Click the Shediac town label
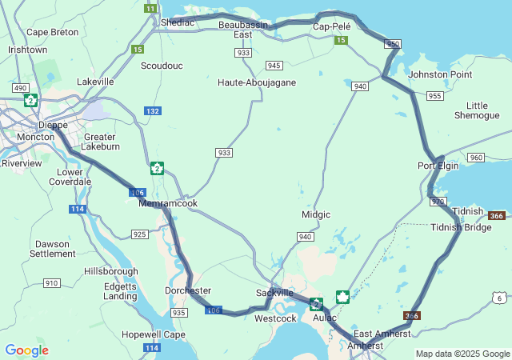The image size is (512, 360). [177, 22]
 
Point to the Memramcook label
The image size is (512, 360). [168, 203]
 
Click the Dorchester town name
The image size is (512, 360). [188, 290]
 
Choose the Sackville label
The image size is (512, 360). [274, 293]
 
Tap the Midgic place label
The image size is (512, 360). [316, 214]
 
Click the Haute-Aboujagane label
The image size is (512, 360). [257, 82]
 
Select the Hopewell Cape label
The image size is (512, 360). [154, 334]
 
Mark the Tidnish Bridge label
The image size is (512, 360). [461, 227]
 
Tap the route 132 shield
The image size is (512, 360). [152, 110]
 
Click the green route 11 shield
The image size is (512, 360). [150, 8]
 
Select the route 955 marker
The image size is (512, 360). [435, 96]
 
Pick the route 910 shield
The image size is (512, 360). [52, 283]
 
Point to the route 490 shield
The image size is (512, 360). [20, 87]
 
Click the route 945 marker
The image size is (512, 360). [274, 66]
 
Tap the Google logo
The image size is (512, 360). [26, 350]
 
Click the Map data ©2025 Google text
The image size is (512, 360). [462, 354]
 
